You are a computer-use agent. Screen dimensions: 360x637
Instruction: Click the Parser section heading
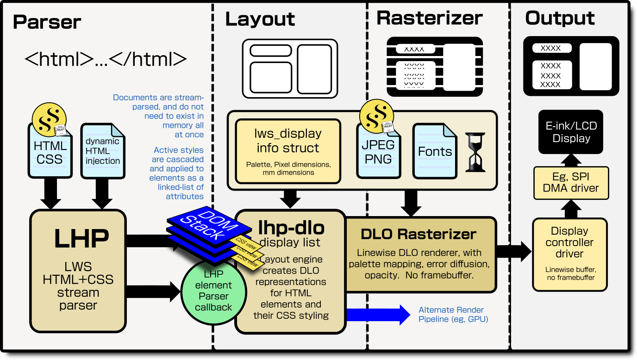pos(47,22)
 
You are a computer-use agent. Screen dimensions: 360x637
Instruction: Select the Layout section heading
pos(260,19)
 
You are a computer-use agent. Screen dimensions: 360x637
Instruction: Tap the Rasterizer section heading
pos(429,18)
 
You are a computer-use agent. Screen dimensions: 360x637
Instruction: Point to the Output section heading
pos(560,19)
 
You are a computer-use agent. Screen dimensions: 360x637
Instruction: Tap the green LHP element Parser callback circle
pos(213,291)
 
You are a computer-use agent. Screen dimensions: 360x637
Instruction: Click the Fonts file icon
pos(434,151)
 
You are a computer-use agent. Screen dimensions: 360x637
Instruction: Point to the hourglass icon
pos(475,152)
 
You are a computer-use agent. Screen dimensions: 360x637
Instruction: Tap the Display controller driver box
pos(569,254)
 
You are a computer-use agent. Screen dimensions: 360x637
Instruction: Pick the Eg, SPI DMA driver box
pos(570,183)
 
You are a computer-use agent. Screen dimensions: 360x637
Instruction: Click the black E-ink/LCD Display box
pos(571,132)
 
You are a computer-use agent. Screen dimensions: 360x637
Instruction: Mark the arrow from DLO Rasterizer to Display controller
pos(514,252)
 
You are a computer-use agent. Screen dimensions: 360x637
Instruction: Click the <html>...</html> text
pos(106,59)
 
